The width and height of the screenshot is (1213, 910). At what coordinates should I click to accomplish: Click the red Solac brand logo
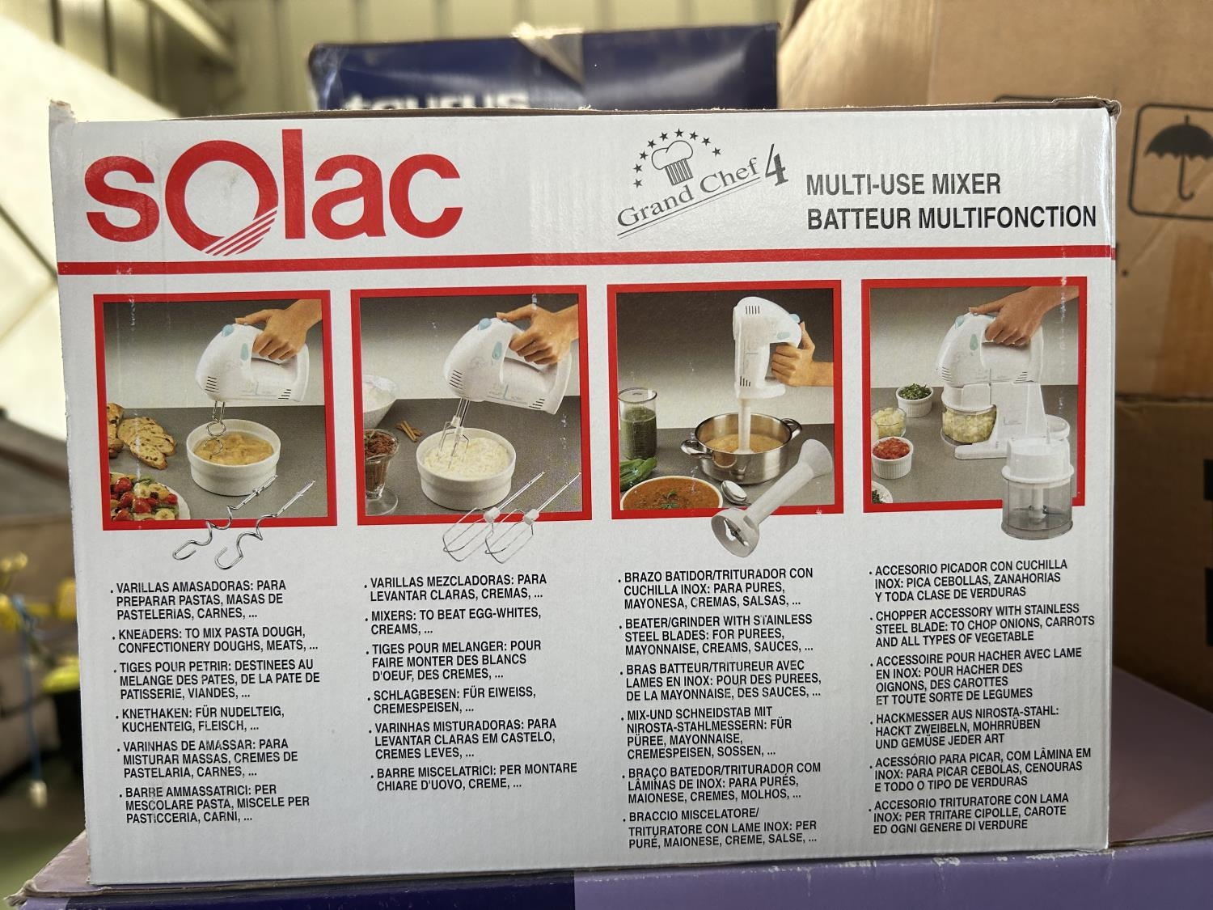tap(273, 192)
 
